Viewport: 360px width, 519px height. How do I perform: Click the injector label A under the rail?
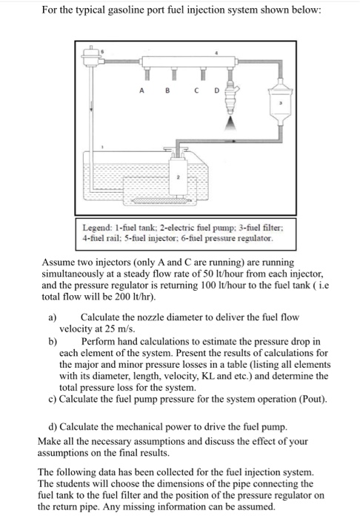pos(141,90)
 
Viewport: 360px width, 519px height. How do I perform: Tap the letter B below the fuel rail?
pos(167,90)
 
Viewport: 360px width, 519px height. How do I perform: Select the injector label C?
pos(197,90)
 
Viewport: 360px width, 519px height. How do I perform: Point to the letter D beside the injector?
pos(217,90)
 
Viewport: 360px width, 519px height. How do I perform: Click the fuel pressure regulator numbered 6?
pos(91,56)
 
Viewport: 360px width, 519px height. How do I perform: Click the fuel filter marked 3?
pos(281,102)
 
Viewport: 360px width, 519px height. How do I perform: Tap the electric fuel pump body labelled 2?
pos(179,177)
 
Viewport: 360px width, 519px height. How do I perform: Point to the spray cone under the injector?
pos(231,123)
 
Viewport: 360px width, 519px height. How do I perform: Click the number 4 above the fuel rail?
pos(216,53)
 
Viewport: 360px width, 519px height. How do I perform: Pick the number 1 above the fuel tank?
pos(102,147)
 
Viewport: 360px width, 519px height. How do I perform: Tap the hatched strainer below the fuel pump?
pos(161,201)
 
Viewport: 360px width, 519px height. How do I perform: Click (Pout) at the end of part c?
pos(313,399)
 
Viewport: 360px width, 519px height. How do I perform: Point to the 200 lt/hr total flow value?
pos(135,297)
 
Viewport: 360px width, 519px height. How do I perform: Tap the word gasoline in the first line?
pos(124,10)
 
